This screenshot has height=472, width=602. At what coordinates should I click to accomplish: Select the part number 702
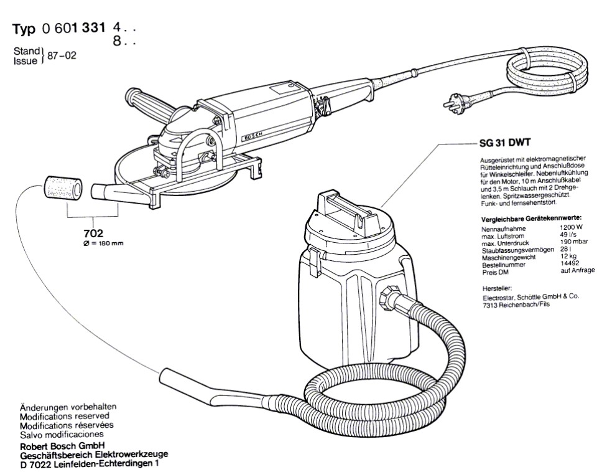pyautogui.click(x=93, y=234)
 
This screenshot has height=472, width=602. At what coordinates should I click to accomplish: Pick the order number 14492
pyautogui.click(x=570, y=265)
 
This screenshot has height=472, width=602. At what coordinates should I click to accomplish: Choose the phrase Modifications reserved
pyautogui.click(x=65, y=415)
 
